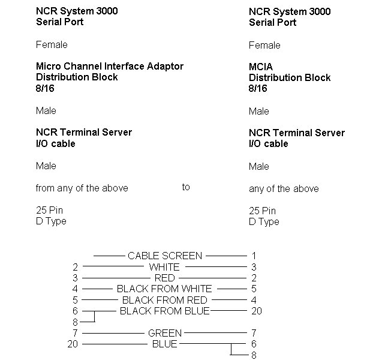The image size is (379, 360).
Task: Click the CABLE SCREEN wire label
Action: click(x=165, y=256)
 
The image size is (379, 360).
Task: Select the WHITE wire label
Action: click(x=164, y=267)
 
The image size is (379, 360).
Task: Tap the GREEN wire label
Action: click(x=165, y=333)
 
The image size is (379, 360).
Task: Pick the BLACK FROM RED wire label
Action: click(x=165, y=300)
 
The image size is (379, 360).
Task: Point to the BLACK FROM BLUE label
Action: click(x=164, y=311)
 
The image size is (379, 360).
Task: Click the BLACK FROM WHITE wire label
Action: click(x=164, y=289)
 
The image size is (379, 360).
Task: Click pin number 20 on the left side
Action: click(x=73, y=344)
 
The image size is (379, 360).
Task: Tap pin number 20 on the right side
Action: click(x=257, y=311)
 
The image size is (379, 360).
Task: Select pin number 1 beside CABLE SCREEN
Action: click(x=254, y=256)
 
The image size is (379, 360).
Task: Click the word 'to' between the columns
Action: click(x=186, y=187)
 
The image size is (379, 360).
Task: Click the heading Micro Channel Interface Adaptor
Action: click(x=110, y=66)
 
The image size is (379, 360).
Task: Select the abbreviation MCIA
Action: click(x=261, y=67)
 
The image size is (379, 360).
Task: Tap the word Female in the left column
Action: click(x=52, y=45)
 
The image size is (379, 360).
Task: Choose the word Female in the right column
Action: click(x=264, y=45)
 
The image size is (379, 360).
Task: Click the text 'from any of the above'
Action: click(x=82, y=188)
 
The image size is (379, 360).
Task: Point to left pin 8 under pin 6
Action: click(x=76, y=322)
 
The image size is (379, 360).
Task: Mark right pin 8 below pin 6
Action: click(x=254, y=355)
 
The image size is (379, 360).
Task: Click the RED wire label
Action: click(x=164, y=278)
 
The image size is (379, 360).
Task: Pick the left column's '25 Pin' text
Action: click(x=50, y=210)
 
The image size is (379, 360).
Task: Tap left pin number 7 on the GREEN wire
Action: click(x=76, y=333)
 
